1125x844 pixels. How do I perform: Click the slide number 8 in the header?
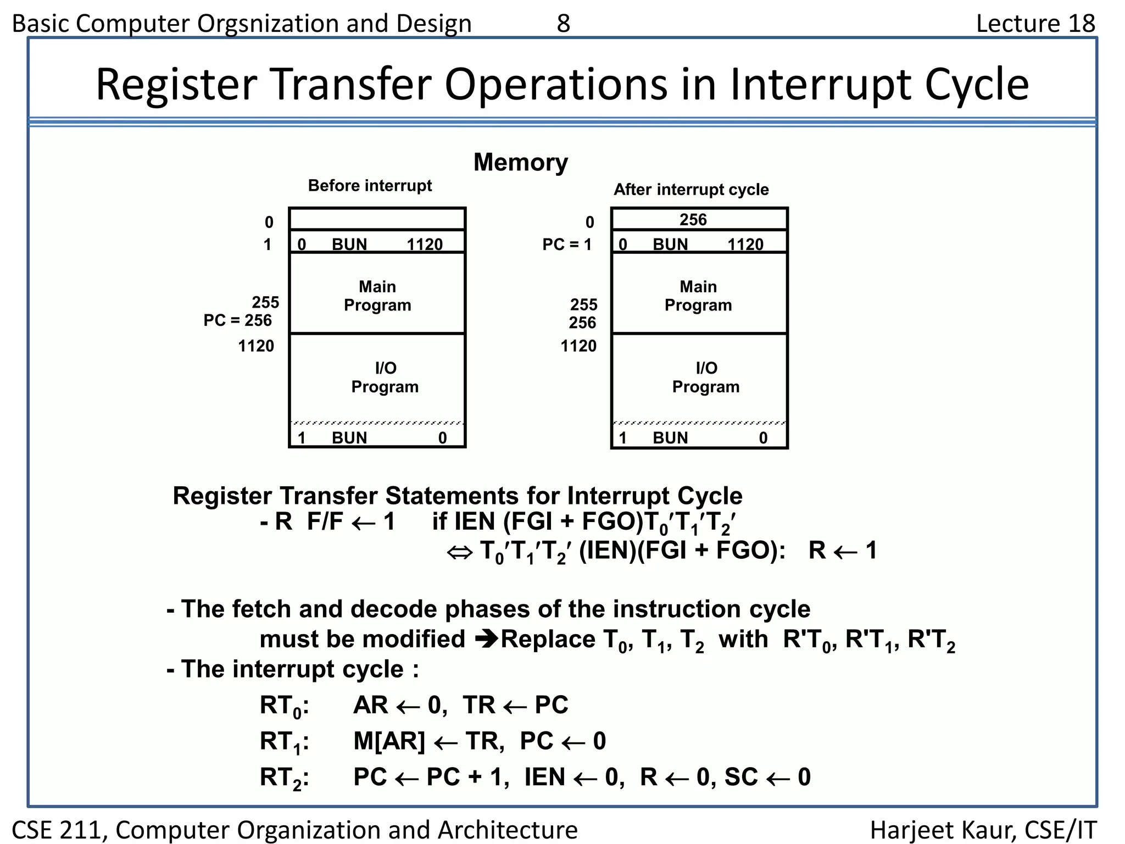coord(564,24)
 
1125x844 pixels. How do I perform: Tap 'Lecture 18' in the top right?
coord(1035,24)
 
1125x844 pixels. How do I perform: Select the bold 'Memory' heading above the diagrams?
coord(520,162)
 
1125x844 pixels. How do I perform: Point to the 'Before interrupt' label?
coord(370,186)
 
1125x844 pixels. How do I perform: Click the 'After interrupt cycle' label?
coord(691,190)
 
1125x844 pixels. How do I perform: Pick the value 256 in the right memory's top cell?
coord(693,220)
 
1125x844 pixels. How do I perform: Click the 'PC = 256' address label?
coord(237,320)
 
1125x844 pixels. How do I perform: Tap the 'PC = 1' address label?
coord(567,245)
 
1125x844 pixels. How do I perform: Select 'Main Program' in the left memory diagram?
coord(377,296)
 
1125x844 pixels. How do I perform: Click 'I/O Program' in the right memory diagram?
coord(706,377)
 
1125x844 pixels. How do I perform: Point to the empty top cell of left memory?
coord(377,219)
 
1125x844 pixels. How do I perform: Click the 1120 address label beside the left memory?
coord(256,346)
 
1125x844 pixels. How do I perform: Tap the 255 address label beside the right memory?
coord(583,304)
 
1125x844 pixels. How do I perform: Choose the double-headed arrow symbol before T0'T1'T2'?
coord(459,552)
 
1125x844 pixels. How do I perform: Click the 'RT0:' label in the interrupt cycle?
coord(284,706)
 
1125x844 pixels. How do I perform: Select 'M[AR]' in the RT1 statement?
coord(389,741)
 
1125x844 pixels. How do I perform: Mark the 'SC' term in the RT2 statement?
coord(741,777)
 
